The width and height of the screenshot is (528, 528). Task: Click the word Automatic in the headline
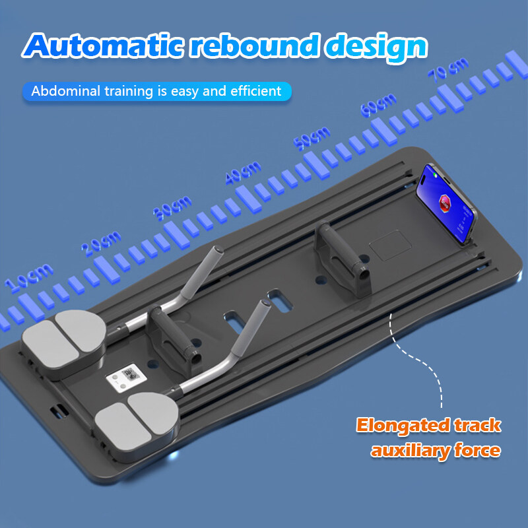click(103, 46)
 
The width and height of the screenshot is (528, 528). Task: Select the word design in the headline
click(376, 47)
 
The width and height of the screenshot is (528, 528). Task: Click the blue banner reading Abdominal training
click(157, 91)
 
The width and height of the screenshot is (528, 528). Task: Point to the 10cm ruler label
click(29, 277)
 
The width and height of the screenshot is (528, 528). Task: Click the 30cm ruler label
click(172, 208)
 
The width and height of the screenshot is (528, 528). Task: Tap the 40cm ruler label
click(243, 172)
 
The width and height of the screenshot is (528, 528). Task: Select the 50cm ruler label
click(312, 138)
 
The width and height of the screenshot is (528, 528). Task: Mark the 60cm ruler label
click(378, 105)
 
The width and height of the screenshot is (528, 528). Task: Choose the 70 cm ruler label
click(448, 70)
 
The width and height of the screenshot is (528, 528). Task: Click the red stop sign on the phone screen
click(445, 203)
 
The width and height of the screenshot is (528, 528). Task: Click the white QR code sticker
click(126, 378)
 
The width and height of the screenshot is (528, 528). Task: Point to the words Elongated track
click(428, 425)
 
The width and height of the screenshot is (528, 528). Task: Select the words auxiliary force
click(436, 451)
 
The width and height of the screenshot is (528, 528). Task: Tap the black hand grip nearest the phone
click(343, 259)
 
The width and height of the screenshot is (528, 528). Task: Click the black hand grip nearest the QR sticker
click(174, 341)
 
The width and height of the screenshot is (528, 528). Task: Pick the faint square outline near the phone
click(390, 246)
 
